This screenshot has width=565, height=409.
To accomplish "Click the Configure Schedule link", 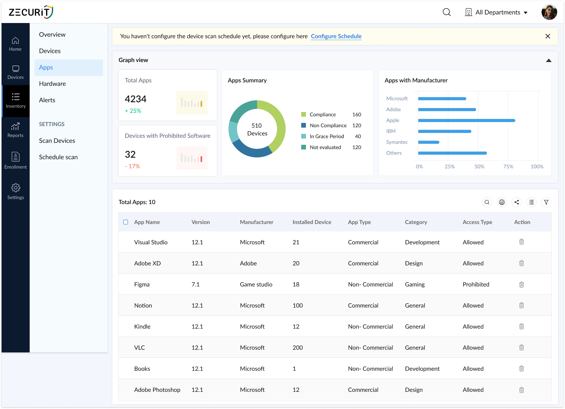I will click(x=336, y=36).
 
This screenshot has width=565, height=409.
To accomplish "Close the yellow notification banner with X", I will click(x=547, y=36).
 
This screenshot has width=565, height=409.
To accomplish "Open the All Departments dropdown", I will click(x=496, y=12).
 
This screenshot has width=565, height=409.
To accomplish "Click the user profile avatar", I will click(x=549, y=12).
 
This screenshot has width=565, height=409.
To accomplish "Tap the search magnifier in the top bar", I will click(x=447, y=12).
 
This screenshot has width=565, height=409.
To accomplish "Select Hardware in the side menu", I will click(x=52, y=84).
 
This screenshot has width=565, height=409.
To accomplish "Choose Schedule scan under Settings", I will click(x=58, y=157).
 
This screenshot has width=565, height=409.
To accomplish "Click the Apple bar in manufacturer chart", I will click(x=466, y=121).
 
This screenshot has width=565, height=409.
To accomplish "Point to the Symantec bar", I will click(x=428, y=142).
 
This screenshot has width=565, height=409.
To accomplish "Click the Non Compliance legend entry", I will click(x=328, y=126).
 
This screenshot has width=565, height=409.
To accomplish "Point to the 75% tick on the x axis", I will click(x=508, y=167).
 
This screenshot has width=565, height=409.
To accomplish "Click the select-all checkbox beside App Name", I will click(x=126, y=222).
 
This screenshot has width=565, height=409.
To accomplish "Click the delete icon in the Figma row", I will click(x=521, y=285).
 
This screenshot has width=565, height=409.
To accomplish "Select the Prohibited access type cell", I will click(x=476, y=285).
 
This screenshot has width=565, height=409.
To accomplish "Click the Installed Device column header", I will click(x=312, y=222).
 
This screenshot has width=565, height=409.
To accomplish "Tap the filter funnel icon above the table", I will click(x=546, y=202).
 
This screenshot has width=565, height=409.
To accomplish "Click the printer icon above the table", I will click(x=502, y=202).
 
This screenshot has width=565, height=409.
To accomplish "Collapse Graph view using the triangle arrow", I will click(x=549, y=60).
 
